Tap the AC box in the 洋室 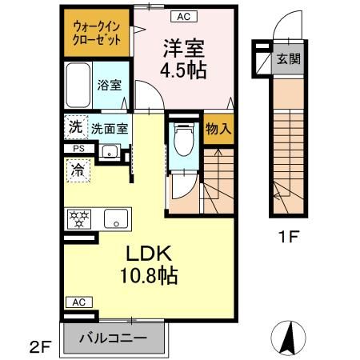click(x=182, y=16)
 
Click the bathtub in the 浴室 click(x=81, y=83)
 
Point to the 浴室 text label click(x=110, y=84)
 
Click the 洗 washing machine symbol click(x=74, y=126)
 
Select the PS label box click(x=78, y=148)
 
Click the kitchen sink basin click(x=115, y=217)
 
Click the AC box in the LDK click(x=78, y=302)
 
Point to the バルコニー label click(x=113, y=338)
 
